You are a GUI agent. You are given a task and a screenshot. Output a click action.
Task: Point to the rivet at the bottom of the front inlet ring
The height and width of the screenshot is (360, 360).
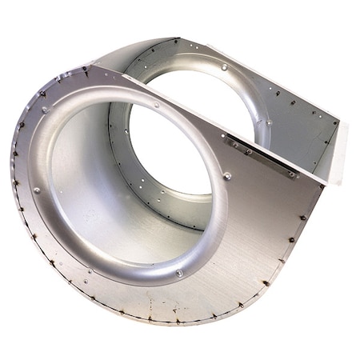click(178, 274)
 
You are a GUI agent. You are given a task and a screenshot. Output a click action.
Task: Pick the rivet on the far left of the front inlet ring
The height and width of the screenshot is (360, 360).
click(37, 190)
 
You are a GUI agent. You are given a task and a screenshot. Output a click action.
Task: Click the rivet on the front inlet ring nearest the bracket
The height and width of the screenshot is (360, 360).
click(227, 176)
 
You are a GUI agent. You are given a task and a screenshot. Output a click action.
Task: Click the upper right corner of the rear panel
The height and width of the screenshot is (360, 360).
click(340, 120)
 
